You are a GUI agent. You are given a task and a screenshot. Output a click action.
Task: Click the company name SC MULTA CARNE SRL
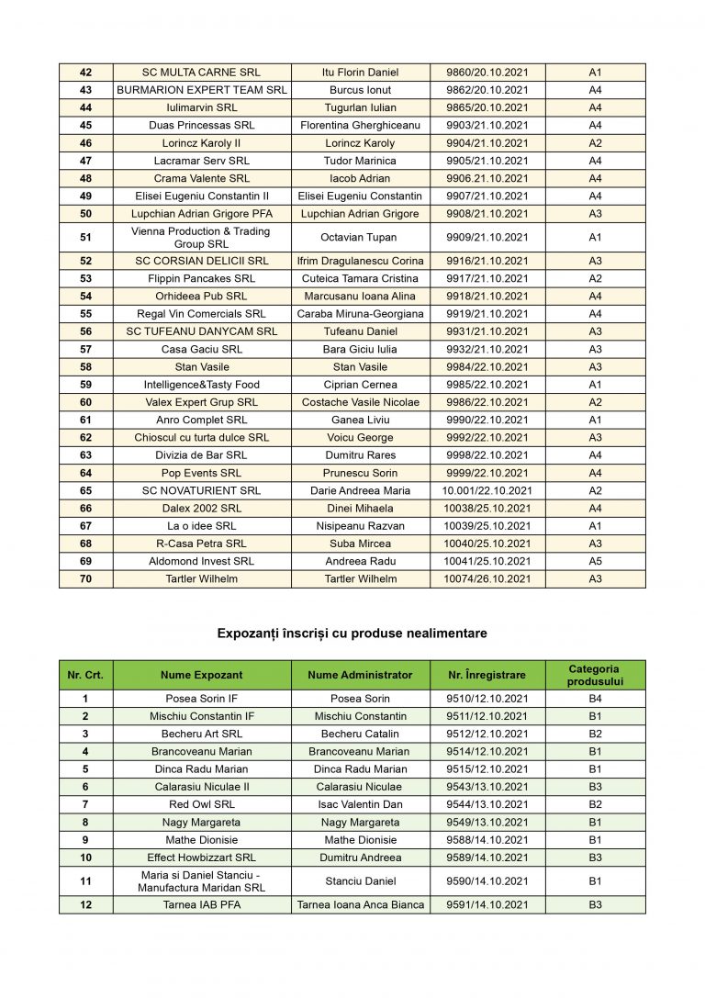click(201, 73)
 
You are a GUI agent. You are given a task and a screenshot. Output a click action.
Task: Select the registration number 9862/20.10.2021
click(487, 90)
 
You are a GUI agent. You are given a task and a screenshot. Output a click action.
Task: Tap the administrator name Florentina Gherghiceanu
click(360, 125)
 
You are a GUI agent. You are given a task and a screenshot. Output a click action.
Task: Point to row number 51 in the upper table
click(85, 237)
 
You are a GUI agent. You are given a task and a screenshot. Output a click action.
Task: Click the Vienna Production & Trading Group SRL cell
click(201, 237)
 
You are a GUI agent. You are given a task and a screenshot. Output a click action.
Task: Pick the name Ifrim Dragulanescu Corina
click(360, 261)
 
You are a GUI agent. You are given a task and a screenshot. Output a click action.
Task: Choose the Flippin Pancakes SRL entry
click(201, 278)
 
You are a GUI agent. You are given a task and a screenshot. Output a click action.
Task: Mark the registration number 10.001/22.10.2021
click(487, 490)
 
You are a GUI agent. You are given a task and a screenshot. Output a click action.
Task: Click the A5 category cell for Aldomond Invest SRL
click(595, 561)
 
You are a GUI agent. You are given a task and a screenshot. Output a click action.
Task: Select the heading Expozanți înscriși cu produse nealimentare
click(352, 634)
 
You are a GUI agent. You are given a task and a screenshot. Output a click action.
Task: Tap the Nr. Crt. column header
click(85, 675)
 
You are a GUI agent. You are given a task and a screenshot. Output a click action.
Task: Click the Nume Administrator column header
click(360, 675)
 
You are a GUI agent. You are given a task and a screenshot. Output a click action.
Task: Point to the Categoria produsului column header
click(595, 675)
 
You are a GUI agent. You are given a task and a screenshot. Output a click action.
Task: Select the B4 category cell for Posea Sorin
click(595, 699)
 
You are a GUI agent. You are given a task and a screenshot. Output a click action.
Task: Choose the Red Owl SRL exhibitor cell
click(201, 804)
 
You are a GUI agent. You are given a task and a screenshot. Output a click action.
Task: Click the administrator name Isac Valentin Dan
click(360, 804)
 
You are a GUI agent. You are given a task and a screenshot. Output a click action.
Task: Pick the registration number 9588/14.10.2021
click(487, 839)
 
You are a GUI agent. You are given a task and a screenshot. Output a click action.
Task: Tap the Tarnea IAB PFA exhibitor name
click(201, 904)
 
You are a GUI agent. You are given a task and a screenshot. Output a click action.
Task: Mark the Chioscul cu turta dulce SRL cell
click(201, 438)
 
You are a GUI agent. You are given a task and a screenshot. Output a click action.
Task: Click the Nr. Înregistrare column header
click(487, 675)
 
